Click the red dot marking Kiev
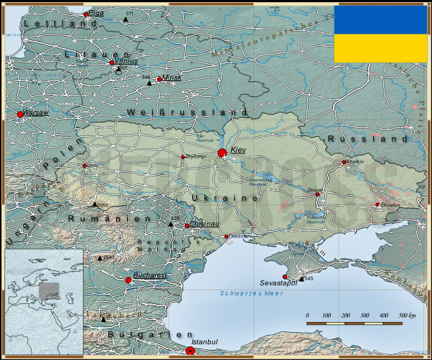[x=222, y=152]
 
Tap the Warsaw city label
[x=34, y=113]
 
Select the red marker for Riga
[x=86, y=14]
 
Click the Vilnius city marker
[x=112, y=63]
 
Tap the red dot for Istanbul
[x=189, y=351]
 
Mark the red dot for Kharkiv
[x=345, y=162]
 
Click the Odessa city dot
[x=227, y=237]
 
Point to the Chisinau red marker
[x=187, y=226]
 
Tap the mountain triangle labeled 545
[x=300, y=278]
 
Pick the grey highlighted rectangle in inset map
[x=50, y=290]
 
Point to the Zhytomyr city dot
[x=182, y=156]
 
